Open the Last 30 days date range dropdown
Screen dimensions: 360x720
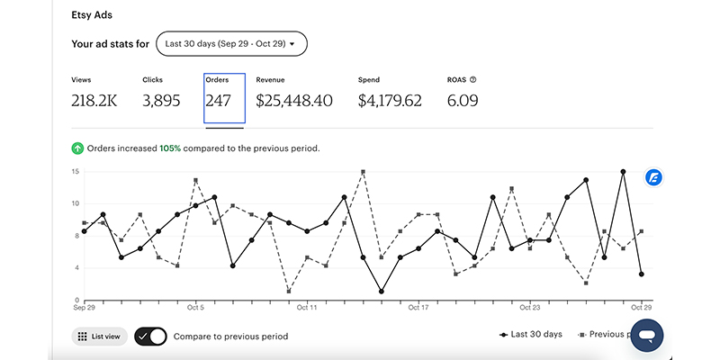(231, 43)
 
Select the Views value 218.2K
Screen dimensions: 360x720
(94, 101)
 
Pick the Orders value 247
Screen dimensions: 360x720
(219, 101)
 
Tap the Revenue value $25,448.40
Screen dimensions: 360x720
(294, 101)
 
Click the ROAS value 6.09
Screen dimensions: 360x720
(462, 101)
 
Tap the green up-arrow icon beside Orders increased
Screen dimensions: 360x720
(77, 148)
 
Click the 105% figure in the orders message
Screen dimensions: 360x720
(170, 148)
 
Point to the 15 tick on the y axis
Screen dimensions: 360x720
(76, 171)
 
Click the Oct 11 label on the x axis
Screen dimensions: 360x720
(307, 307)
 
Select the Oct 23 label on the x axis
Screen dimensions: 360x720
(530, 307)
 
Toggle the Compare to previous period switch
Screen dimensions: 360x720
(151, 336)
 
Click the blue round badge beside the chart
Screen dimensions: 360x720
(654, 177)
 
